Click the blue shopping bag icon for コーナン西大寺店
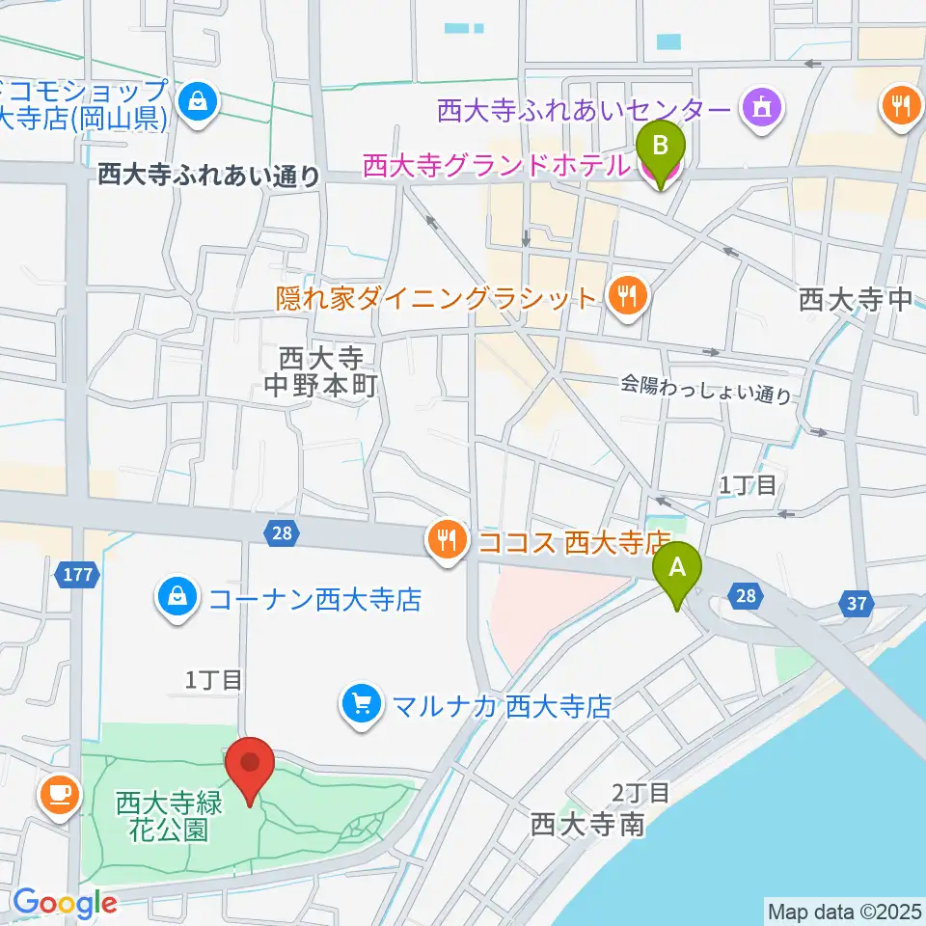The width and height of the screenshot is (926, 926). tap(177, 600)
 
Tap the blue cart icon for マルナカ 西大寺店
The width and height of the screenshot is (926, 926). tap(362, 705)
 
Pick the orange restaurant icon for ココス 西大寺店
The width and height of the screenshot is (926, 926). tap(445, 540)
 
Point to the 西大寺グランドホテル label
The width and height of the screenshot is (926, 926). tap(496, 166)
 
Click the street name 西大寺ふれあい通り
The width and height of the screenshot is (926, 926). tap(208, 175)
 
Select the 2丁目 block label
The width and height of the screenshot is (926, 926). tap(640, 793)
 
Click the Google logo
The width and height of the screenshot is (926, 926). tap(64, 903)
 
